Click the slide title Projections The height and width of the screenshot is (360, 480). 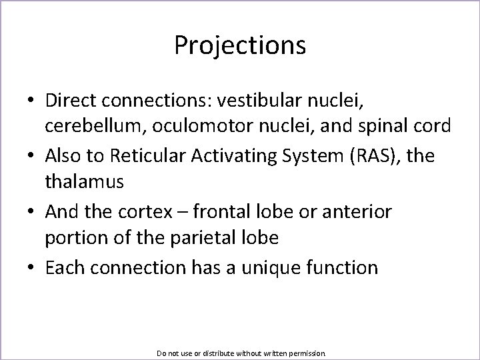tap(240, 46)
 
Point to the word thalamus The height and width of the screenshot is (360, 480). tap(85, 180)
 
